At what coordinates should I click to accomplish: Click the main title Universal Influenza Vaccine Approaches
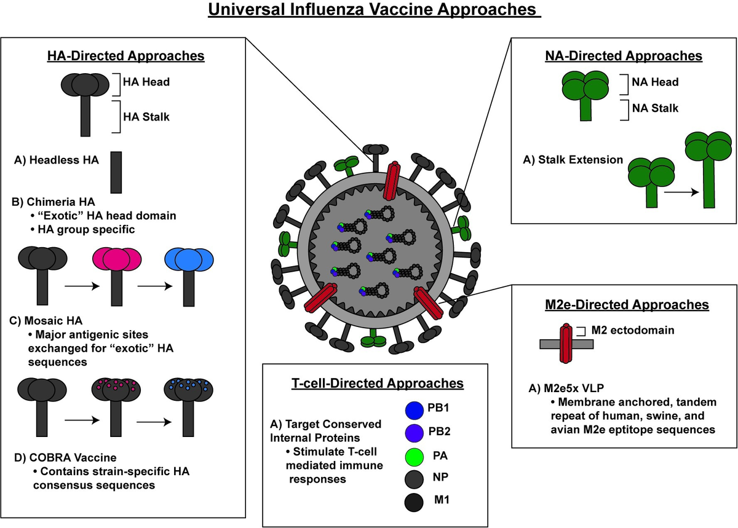click(375, 11)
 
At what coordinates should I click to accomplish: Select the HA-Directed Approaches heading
click(126, 56)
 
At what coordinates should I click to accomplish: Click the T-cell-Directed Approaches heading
click(377, 382)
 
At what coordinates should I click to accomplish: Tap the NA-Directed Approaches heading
click(624, 56)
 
